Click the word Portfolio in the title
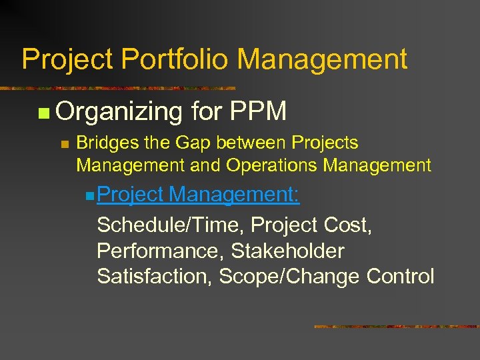coord(175,59)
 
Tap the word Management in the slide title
coord(322,59)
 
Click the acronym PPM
coord(257,111)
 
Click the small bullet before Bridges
coord(64,144)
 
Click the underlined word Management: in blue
coord(234,195)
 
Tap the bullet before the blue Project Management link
coord(90,197)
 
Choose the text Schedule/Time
coord(167,225)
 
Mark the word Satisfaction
coord(150,276)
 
